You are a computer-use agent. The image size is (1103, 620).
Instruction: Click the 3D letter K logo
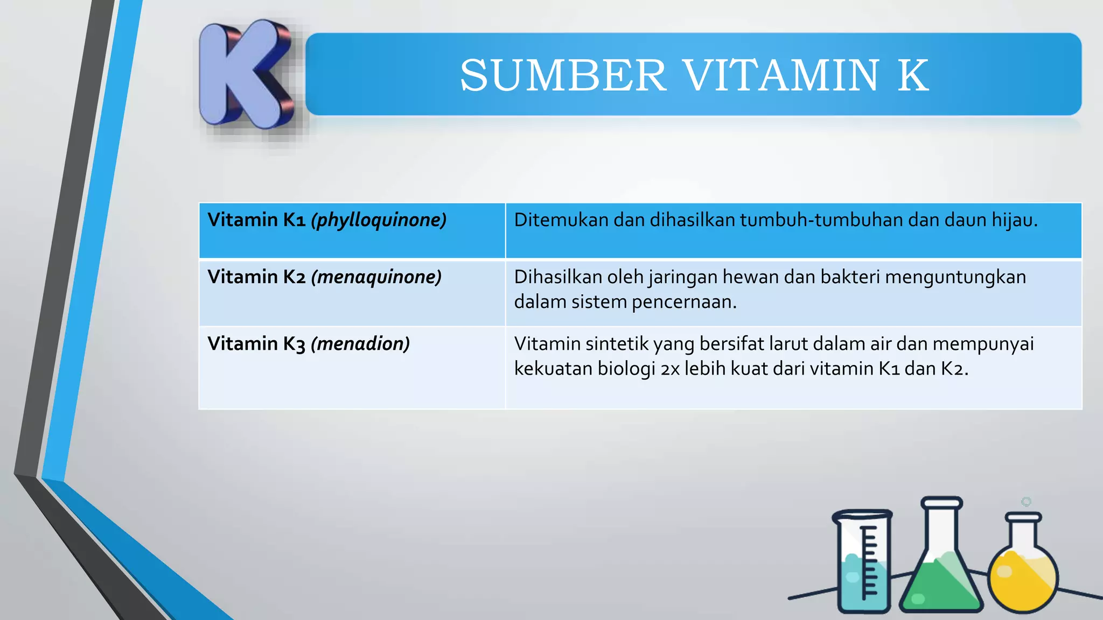[x=245, y=75]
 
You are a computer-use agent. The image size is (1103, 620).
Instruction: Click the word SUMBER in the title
[x=563, y=75]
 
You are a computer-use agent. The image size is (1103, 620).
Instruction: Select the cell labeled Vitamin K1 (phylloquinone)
[x=352, y=230]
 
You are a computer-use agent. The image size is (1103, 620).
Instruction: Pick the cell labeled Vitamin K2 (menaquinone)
[x=352, y=292]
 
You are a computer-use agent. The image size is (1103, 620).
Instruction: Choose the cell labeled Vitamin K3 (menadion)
[x=352, y=367]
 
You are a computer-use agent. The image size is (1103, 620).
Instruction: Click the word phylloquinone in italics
[x=379, y=220]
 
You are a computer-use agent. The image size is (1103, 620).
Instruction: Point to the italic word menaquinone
[x=376, y=277]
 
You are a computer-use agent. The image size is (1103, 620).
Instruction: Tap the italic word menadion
[x=360, y=344]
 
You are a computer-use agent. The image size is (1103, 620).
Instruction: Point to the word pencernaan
[x=684, y=302]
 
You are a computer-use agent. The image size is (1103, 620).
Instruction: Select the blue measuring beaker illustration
[x=862, y=562]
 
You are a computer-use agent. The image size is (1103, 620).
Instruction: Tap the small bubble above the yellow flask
[x=1026, y=502]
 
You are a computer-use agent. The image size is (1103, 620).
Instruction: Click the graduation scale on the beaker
[x=868, y=562]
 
